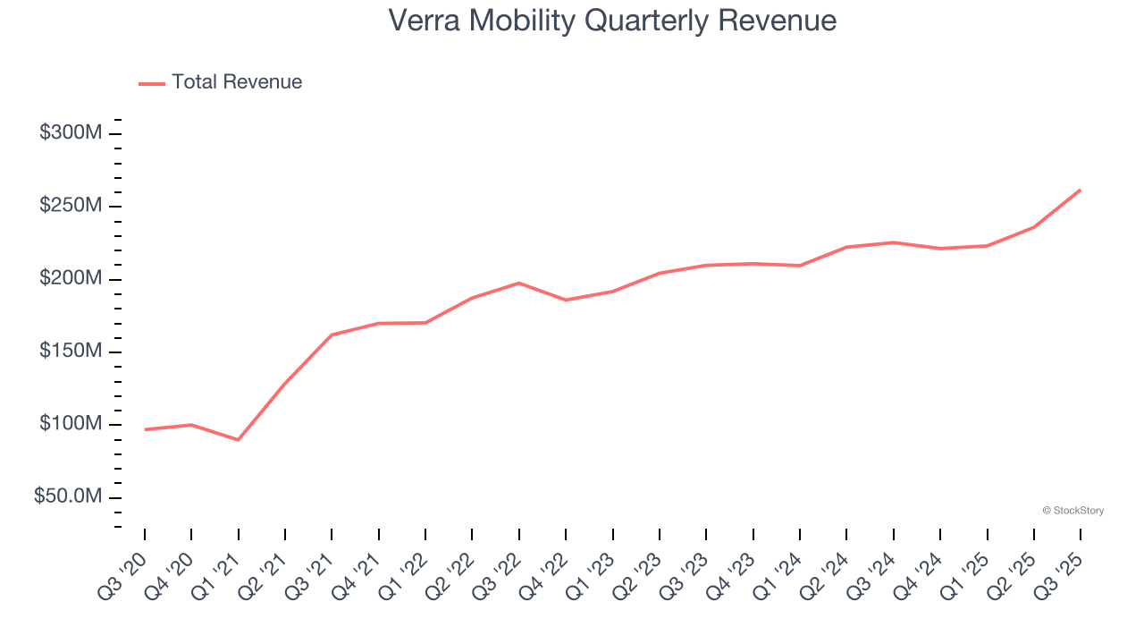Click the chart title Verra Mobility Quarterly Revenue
click(612, 21)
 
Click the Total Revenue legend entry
click(221, 82)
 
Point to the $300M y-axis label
click(70, 133)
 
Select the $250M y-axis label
click(70, 206)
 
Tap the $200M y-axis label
click(70, 279)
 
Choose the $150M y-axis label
click(70, 352)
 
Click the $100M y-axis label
click(70, 424)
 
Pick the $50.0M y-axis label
click(68, 496)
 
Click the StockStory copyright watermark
click(1072, 511)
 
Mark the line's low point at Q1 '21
click(238, 440)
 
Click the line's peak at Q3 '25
click(1081, 190)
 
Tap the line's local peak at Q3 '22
click(519, 283)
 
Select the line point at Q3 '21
click(332, 335)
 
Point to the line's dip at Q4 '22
click(566, 300)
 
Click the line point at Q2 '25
click(1034, 227)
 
